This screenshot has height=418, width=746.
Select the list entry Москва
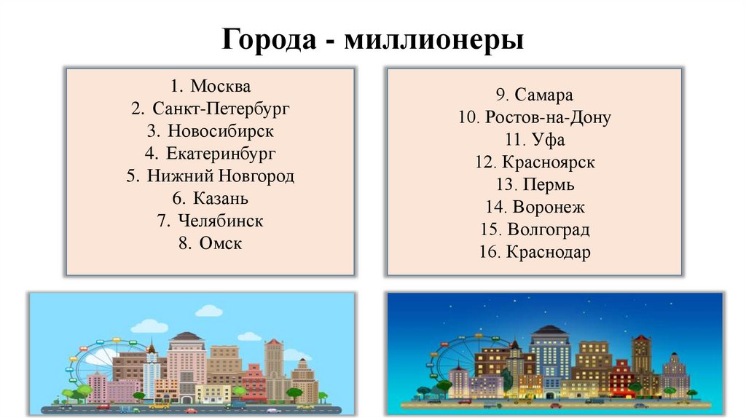pos(220,87)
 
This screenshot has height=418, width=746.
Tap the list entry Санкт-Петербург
pos(221,109)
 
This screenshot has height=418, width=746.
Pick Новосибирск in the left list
pos(220,132)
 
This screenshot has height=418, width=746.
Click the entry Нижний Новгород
pos(221,176)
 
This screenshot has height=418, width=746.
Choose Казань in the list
pos(221,198)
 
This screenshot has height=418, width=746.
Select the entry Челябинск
pos(221,221)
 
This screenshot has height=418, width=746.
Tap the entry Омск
pos(220,243)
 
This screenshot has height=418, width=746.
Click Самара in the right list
pos(543,95)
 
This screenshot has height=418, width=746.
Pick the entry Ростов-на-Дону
pos(547,117)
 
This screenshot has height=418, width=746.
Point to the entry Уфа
pos(549,140)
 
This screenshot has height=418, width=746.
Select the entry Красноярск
pos(548,162)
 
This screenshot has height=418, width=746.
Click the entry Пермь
pos(548,185)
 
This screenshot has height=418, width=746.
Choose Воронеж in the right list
pos(549,208)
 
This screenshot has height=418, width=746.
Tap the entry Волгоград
pos(549,230)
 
